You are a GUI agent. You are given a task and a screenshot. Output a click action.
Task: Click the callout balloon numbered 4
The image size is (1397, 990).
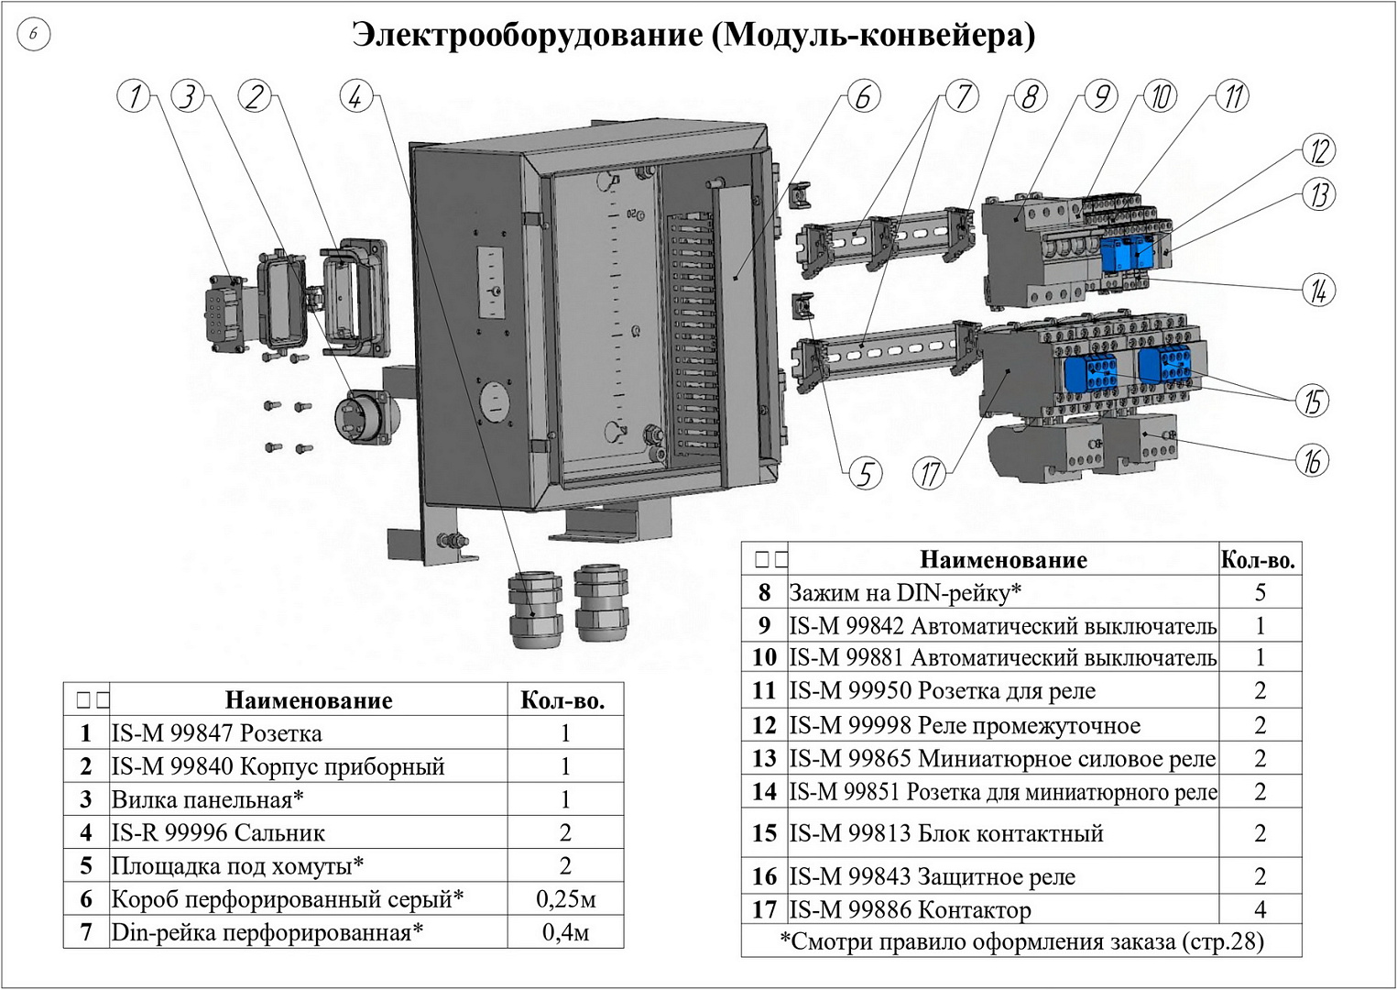[x=355, y=96]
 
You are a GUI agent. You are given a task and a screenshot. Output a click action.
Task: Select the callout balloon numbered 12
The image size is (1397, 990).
[x=1318, y=151]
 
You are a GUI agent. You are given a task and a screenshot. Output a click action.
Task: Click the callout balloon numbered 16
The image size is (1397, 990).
[x=1312, y=460]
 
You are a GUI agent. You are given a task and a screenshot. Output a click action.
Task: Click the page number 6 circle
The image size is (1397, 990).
[x=34, y=35]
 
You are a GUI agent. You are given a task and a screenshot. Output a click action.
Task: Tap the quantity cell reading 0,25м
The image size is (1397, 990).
[x=565, y=899]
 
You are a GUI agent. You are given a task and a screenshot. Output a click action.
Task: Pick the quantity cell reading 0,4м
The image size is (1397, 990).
[x=565, y=932]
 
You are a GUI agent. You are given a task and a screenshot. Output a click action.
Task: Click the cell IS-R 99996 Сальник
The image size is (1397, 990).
[x=218, y=833]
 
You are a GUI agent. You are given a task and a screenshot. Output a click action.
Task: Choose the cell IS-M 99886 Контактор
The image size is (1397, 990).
[x=910, y=910]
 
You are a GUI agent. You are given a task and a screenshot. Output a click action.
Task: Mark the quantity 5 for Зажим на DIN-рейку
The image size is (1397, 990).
[x=1260, y=592]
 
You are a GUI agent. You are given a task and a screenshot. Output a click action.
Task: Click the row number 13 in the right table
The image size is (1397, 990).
[x=764, y=759]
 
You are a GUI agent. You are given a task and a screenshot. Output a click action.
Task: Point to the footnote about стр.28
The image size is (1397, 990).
[x=1020, y=941]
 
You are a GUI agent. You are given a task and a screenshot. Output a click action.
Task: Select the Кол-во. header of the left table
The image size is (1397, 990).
[x=563, y=701]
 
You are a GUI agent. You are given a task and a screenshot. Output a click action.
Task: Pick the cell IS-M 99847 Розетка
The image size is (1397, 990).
[x=217, y=733]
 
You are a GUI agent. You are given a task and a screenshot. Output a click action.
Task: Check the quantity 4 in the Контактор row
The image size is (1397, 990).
[x=1260, y=910]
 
